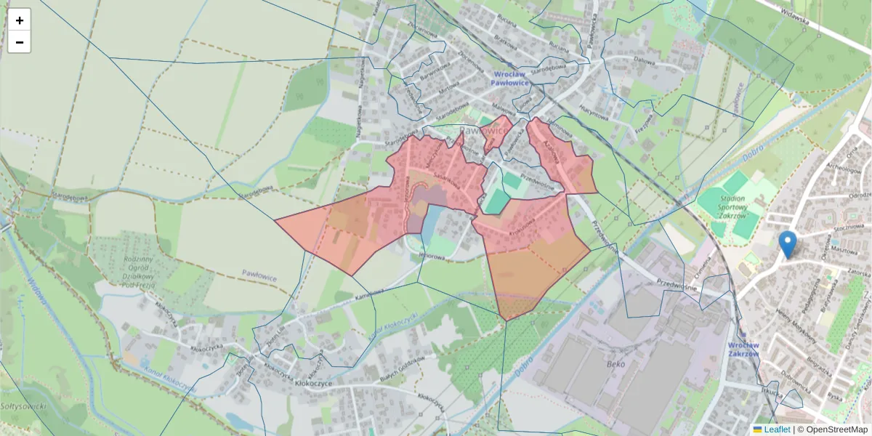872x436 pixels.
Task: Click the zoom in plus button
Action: point(20,20)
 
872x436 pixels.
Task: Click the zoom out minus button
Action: point(20,42)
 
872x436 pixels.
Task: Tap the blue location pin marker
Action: point(787,243)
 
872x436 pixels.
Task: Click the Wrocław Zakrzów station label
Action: point(743,350)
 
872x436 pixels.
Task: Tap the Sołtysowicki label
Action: point(23,405)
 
